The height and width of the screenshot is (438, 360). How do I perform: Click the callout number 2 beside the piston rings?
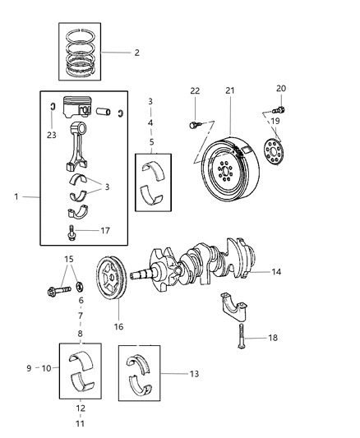tap(136, 53)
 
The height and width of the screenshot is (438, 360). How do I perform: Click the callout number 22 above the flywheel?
tap(195, 90)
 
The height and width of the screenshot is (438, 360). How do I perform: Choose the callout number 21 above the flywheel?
tap(230, 90)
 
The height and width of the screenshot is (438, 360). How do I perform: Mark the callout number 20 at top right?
tap(280, 88)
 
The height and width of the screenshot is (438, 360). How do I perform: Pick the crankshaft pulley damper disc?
tap(109, 282)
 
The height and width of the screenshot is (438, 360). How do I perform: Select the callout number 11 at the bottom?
tap(80, 424)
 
